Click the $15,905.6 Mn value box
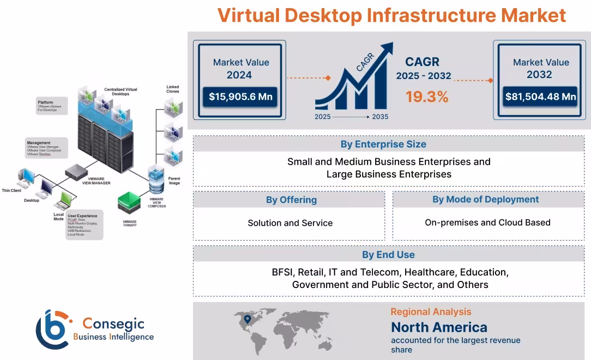click(241, 97)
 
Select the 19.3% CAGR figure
click(427, 97)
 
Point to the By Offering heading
click(291, 200)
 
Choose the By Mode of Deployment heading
click(486, 200)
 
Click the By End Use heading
click(388, 255)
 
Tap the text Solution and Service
click(290, 223)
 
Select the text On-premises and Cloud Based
click(487, 223)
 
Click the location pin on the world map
click(247, 319)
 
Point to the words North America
click(439, 327)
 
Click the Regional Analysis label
click(431, 312)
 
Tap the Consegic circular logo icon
click(53, 329)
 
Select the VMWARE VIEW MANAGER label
click(96, 182)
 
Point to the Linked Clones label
click(173, 89)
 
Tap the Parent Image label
click(174, 181)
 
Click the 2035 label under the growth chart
click(380, 117)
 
